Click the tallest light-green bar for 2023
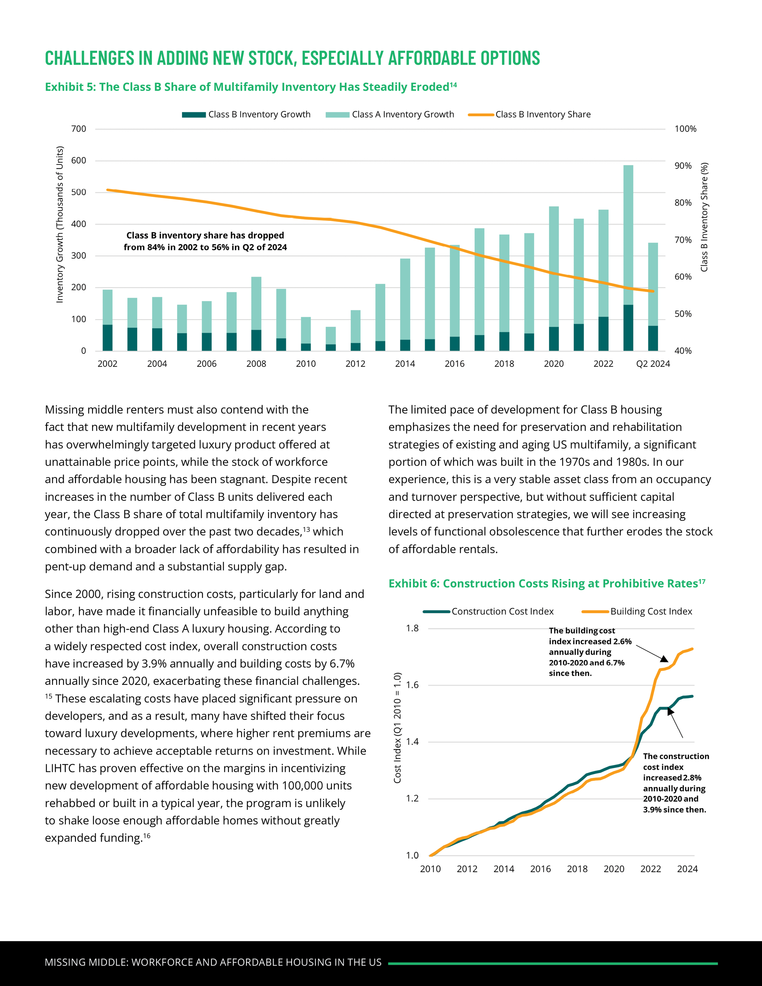pyautogui.click(x=628, y=235)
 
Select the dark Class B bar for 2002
pyautogui.click(x=107, y=338)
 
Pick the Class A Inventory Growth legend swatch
pyautogui.click(x=337, y=115)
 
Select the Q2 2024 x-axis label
pyautogui.click(x=653, y=364)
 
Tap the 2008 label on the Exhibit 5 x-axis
pyautogui.click(x=256, y=364)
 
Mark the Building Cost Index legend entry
pyautogui.click(x=651, y=612)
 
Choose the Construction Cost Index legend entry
pyautogui.click(x=502, y=612)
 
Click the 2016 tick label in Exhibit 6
pyautogui.click(x=540, y=869)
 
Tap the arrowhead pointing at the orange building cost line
pyautogui.click(x=664, y=659)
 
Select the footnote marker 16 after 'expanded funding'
pyautogui.click(x=147, y=836)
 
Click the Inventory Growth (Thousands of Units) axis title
pyautogui.click(x=59, y=224)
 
